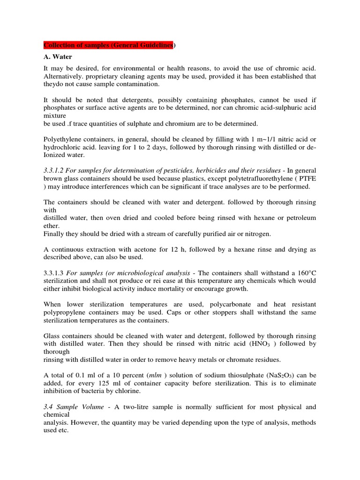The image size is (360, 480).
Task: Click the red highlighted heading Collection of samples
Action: [109, 45]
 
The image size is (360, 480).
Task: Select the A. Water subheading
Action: [58, 57]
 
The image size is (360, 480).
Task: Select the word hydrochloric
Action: [61, 147]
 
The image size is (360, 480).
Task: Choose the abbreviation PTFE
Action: [307, 179]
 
